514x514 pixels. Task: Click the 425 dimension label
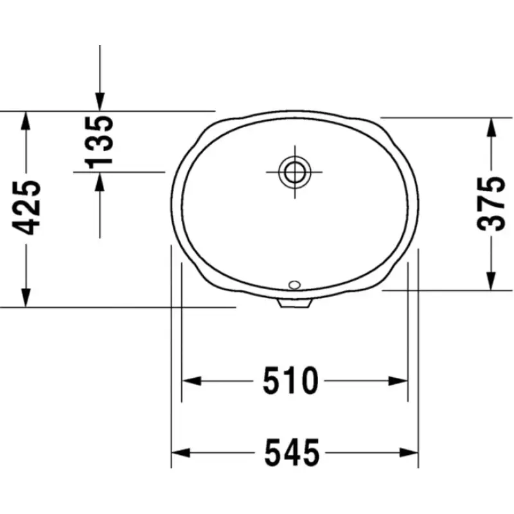pyautogui.click(x=26, y=208)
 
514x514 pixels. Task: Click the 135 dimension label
pyautogui.click(x=99, y=141)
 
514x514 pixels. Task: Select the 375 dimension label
pyautogui.click(x=491, y=204)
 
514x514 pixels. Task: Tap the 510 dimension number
pyautogui.click(x=290, y=380)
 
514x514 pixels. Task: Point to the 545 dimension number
pyautogui.click(x=292, y=453)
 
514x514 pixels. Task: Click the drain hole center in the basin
pyautogui.click(x=295, y=172)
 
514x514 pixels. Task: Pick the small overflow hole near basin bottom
pyautogui.click(x=294, y=285)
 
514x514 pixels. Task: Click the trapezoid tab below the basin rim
pyautogui.click(x=294, y=303)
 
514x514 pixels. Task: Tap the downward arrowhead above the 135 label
pyautogui.click(x=100, y=102)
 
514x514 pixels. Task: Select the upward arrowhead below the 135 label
pyautogui.click(x=100, y=182)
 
